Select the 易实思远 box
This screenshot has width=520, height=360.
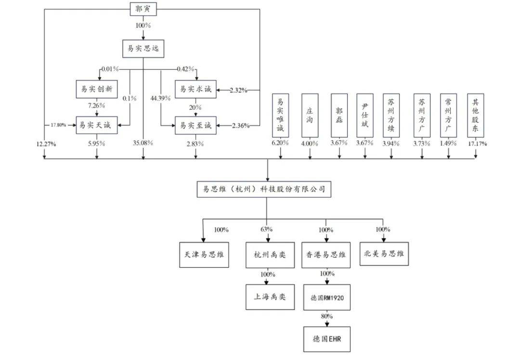(143, 48)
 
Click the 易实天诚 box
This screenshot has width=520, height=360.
(97, 125)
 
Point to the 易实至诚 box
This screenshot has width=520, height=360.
(195, 125)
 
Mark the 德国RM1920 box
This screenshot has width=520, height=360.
(326, 296)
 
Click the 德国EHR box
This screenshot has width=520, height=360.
(326, 338)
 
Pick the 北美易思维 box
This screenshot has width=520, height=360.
(384, 254)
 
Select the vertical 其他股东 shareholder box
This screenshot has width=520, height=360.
(476, 116)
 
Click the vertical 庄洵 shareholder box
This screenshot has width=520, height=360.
(309, 116)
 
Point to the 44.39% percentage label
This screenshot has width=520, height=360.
(161, 98)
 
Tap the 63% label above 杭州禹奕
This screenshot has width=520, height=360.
(267, 229)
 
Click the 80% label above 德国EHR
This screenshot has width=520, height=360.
(326, 316)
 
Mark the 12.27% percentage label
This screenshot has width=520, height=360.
(45, 143)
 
